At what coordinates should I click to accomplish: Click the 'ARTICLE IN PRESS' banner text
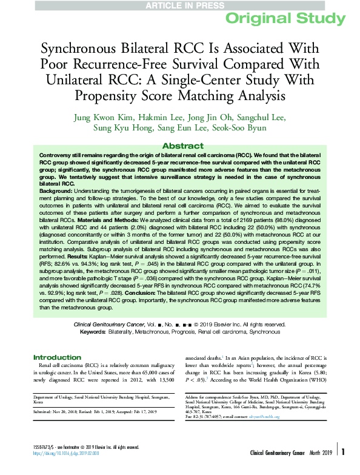click(179, 5)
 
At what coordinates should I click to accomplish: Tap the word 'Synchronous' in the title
click(79, 49)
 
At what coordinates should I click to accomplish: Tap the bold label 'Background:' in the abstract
click(56, 190)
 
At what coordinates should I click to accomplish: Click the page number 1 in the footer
click(343, 469)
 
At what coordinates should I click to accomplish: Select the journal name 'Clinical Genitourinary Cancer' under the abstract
click(112, 325)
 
